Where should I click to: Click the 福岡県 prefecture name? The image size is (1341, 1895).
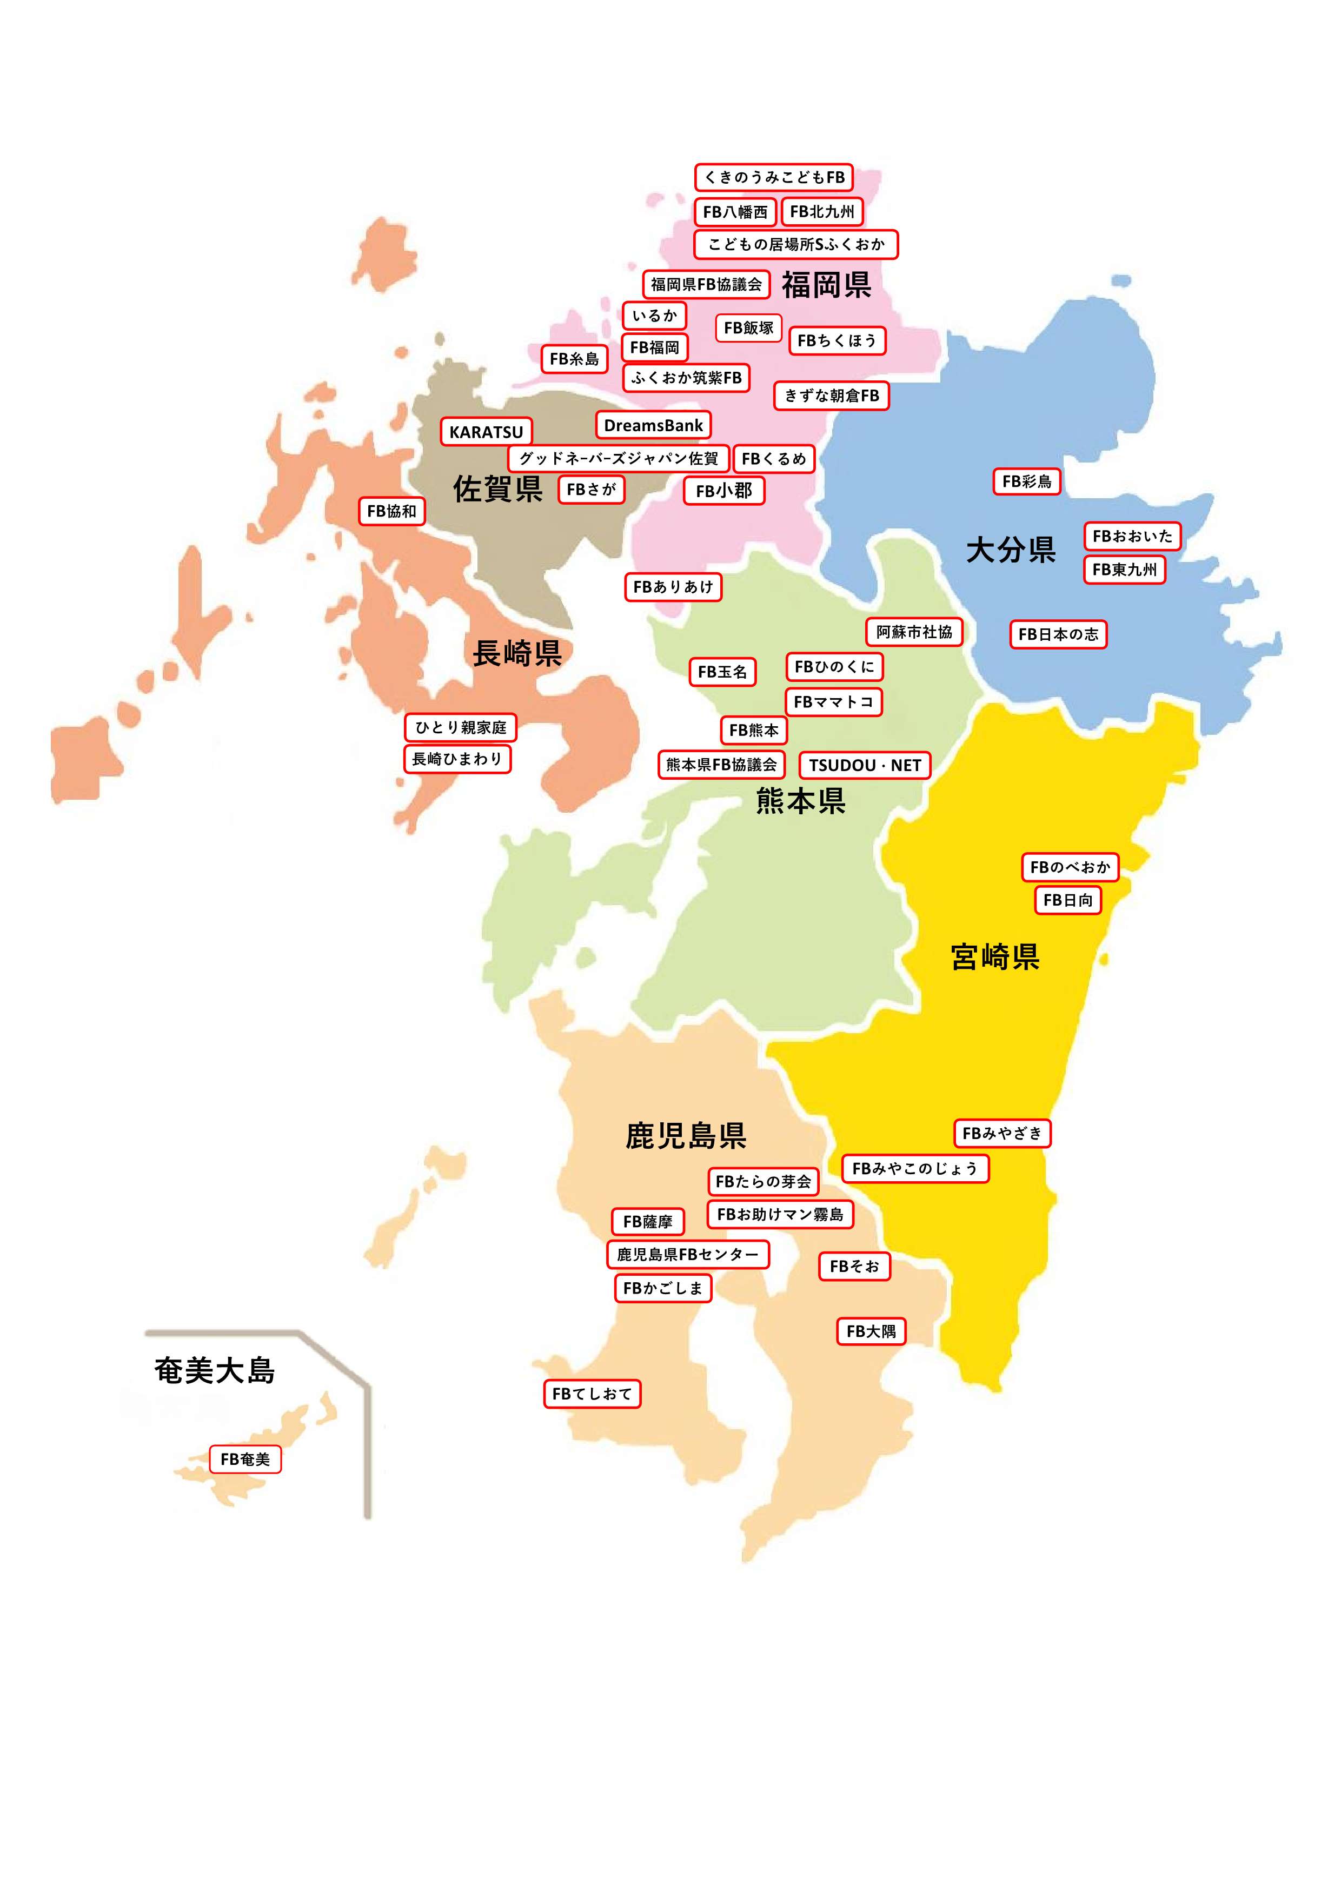point(827,285)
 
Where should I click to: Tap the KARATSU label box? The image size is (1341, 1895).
point(486,432)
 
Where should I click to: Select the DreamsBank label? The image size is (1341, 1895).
point(652,425)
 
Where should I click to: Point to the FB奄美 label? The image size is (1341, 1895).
point(245,1459)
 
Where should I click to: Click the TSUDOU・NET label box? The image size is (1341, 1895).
point(865,765)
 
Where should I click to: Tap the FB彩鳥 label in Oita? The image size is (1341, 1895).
point(1026,481)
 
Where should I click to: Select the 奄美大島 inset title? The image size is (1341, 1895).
point(214,1370)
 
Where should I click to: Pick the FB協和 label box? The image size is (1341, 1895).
point(391,511)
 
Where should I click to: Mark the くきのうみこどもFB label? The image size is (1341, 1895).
point(774,177)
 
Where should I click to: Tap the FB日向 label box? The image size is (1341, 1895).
point(1068,900)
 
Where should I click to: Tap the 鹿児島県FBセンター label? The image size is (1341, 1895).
point(688,1255)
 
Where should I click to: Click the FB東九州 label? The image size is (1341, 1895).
point(1124,570)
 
